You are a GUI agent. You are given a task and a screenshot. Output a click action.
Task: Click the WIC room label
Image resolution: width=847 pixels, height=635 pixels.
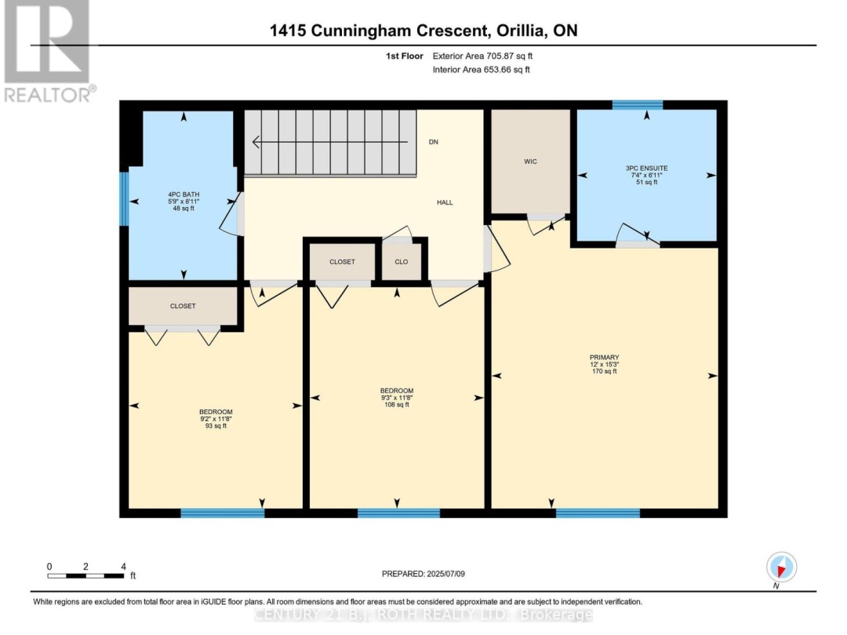[x=530, y=161]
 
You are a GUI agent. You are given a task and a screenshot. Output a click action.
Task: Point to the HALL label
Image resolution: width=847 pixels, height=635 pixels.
[x=445, y=202]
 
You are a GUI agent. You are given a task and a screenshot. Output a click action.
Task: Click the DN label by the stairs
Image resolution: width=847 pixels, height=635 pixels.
[x=433, y=143]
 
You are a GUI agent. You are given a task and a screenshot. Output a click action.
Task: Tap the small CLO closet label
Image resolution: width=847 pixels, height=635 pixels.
[x=401, y=263]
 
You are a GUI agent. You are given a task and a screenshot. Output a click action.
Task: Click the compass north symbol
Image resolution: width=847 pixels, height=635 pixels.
[x=781, y=567]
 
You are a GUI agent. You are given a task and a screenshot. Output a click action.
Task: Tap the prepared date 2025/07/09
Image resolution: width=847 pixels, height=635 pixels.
[x=423, y=574]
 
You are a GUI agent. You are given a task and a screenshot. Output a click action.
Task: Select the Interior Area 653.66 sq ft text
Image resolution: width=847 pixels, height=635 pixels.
[x=482, y=70]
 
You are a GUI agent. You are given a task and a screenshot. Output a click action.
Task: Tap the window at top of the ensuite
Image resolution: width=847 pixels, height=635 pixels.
[x=637, y=105]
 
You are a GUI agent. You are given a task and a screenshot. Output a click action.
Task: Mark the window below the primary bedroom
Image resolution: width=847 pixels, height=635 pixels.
[x=598, y=513]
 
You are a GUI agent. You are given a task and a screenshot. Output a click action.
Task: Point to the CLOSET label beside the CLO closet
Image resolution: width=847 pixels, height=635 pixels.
[x=342, y=262]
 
